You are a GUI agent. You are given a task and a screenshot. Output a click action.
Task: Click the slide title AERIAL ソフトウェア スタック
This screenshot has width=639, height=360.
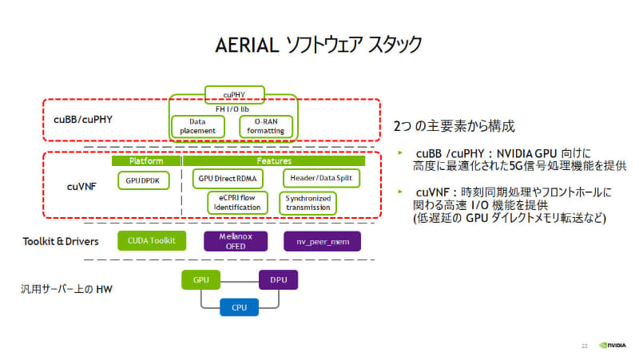coord(319,44)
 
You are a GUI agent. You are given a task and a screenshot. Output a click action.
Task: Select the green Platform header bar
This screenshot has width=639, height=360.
coord(146,160)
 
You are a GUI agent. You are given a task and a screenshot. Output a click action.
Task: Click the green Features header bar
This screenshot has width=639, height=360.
coord(274,160)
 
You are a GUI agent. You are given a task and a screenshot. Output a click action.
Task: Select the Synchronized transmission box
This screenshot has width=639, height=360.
coord(308,203)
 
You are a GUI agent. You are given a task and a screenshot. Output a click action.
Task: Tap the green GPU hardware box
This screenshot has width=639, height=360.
coord(200,281)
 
